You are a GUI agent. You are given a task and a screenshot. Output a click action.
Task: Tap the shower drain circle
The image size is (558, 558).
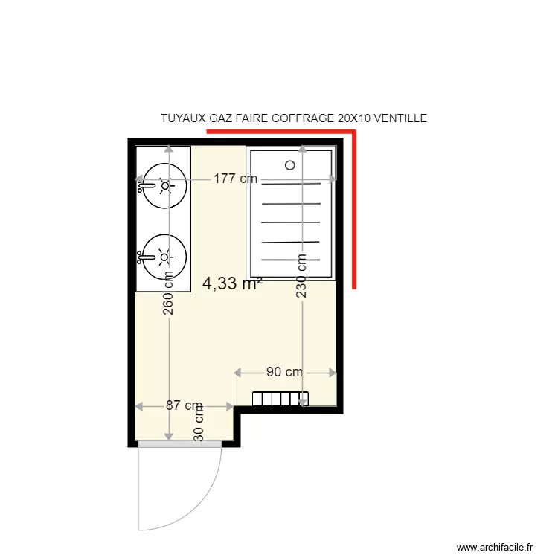290,165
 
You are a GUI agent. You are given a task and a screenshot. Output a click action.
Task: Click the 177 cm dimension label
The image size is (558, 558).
235,179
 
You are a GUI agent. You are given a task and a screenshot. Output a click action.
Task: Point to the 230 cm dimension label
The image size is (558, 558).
301,276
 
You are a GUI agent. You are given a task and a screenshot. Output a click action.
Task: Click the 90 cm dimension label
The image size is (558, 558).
284,372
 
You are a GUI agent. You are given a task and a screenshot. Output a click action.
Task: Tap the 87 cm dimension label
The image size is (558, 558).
183,406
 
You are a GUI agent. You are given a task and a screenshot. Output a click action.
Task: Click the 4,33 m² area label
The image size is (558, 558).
231,283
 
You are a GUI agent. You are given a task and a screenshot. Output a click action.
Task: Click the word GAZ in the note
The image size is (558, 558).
222,118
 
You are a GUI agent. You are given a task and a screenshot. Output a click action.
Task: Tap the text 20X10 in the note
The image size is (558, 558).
354,118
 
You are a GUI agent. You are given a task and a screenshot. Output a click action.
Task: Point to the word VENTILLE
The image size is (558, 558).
400,118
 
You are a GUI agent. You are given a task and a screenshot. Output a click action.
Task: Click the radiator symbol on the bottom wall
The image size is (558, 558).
280,399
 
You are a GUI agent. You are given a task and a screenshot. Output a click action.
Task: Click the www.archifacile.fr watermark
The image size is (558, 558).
494,547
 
